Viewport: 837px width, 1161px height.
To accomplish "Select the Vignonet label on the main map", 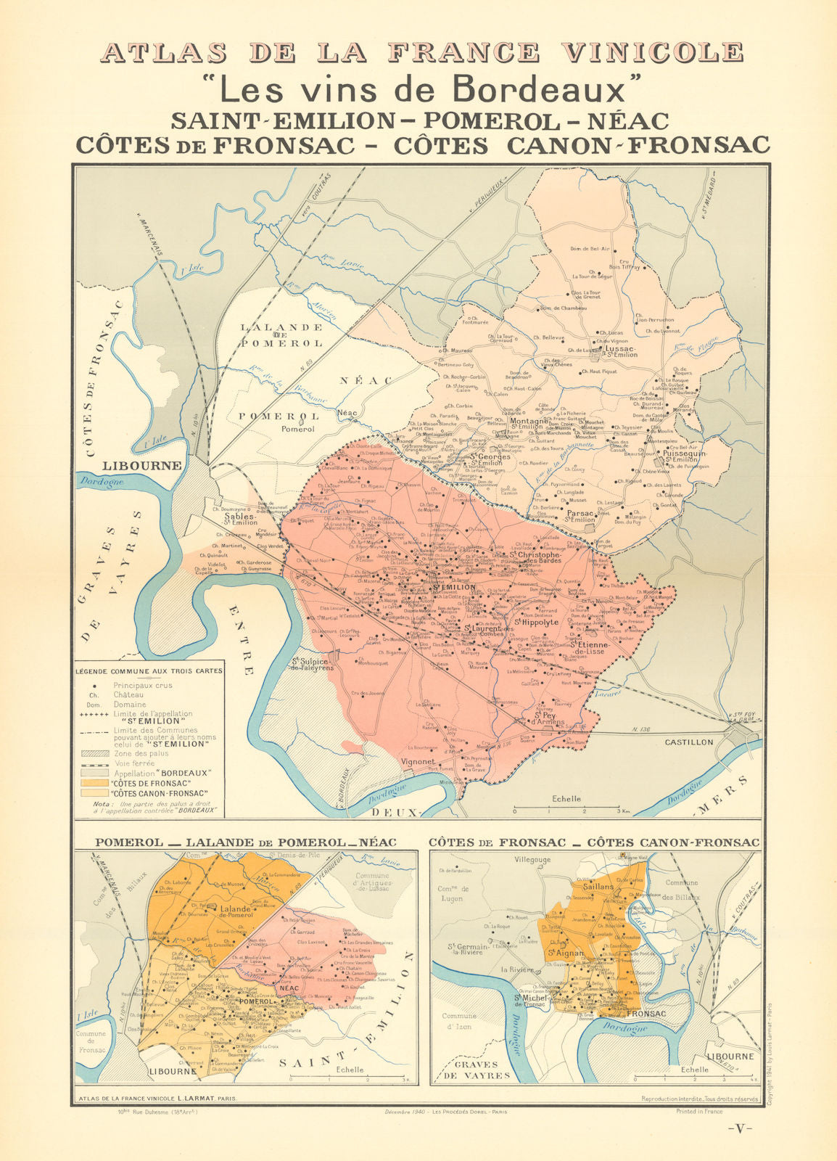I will coord(418,762).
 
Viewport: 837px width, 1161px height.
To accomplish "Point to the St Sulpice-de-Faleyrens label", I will coord(313,664).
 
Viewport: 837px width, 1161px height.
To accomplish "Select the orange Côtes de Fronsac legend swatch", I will coord(95,784).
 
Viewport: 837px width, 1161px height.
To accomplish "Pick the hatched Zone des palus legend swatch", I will coord(95,754).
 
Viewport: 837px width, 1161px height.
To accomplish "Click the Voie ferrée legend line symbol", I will coord(95,763).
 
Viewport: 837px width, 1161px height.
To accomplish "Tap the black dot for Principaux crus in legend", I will coord(95,685).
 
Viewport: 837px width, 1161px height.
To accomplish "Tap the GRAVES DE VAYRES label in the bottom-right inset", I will coord(477,1070).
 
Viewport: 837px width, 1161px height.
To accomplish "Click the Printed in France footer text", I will coord(700,1111).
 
